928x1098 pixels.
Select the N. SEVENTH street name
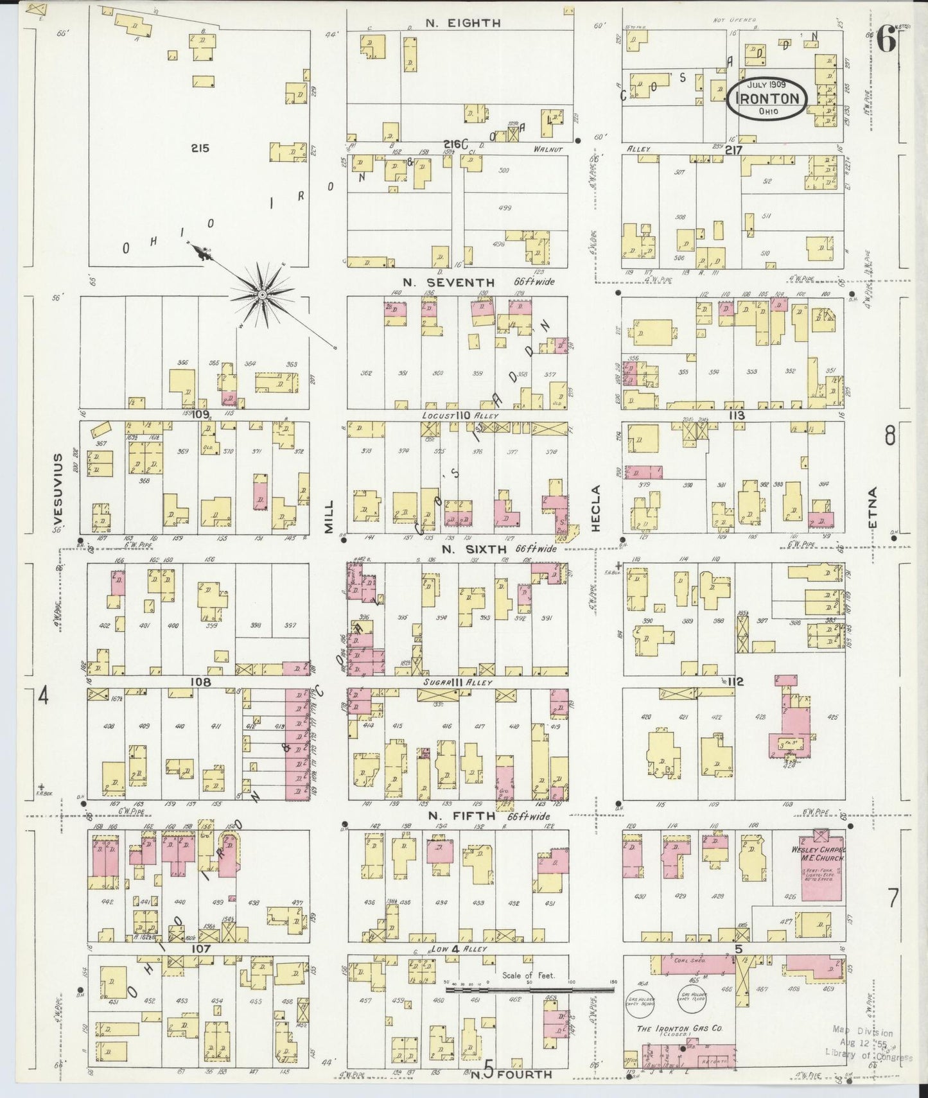(x=449, y=283)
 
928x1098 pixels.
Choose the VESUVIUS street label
(x=58, y=488)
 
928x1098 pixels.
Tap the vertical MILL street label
(x=329, y=517)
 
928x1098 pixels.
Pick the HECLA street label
(x=595, y=508)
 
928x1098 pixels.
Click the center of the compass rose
(x=262, y=295)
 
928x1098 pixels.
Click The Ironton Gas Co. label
(x=679, y=1028)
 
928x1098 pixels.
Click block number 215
(x=200, y=148)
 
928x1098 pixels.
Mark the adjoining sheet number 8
(x=889, y=436)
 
